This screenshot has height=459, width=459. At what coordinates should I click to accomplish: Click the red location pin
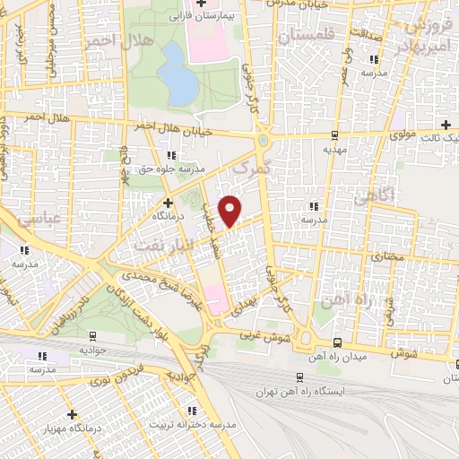click(x=230, y=211)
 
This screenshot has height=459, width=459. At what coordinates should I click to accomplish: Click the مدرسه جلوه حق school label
click(x=172, y=168)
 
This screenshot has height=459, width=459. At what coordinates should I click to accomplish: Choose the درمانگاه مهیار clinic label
click(x=73, y=429)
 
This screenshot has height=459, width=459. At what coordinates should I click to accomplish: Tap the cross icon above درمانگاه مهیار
click(x=73, y=414)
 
